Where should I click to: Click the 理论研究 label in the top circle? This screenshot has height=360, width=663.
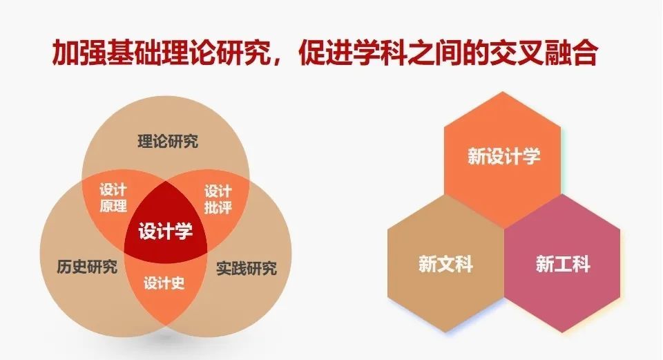point(168,141)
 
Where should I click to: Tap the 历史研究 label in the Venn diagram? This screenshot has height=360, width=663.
point(87,267)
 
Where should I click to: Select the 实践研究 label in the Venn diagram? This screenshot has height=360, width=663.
point(247,268)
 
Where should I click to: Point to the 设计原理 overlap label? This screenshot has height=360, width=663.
point(113,198)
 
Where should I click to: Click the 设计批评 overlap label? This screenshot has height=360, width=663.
point(218,199)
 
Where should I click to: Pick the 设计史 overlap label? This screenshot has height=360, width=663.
point(164,283)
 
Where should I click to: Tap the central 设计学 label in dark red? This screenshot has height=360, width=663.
point(165,231)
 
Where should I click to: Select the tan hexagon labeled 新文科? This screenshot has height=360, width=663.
point(445,263)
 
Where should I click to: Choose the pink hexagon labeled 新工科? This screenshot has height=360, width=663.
point(562,263)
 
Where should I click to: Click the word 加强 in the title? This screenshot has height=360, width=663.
point(79,53)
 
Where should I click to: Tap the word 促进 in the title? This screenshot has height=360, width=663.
point(326,53)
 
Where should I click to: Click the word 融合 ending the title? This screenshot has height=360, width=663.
point(571,53)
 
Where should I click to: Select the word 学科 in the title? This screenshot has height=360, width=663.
point(381,53)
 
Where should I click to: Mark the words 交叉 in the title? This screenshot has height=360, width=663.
point(517,53)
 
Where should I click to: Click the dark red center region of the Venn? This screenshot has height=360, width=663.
point(165,224)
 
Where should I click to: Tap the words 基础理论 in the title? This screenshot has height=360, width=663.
point(161,53)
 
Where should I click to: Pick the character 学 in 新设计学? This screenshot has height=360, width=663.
point(532,156)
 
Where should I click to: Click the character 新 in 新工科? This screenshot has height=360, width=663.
point(545,264)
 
